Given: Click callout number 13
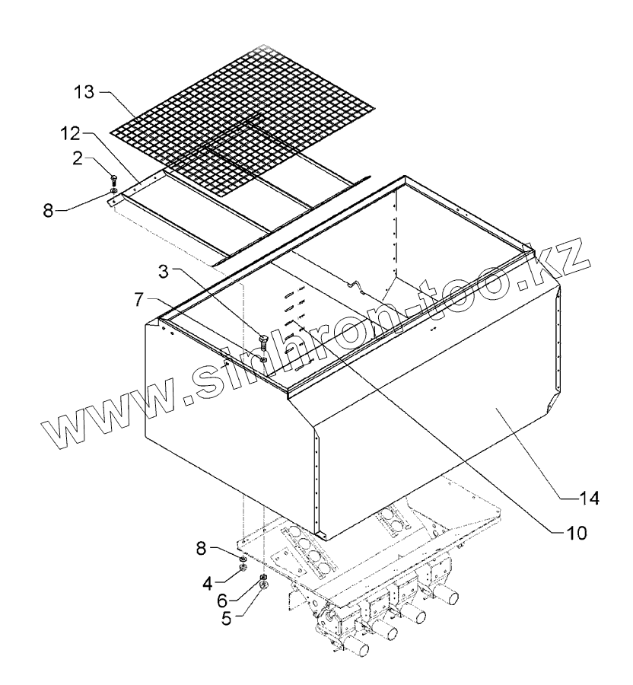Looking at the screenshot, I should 84,93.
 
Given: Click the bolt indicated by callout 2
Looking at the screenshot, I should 113,180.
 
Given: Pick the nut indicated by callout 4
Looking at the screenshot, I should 243,568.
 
